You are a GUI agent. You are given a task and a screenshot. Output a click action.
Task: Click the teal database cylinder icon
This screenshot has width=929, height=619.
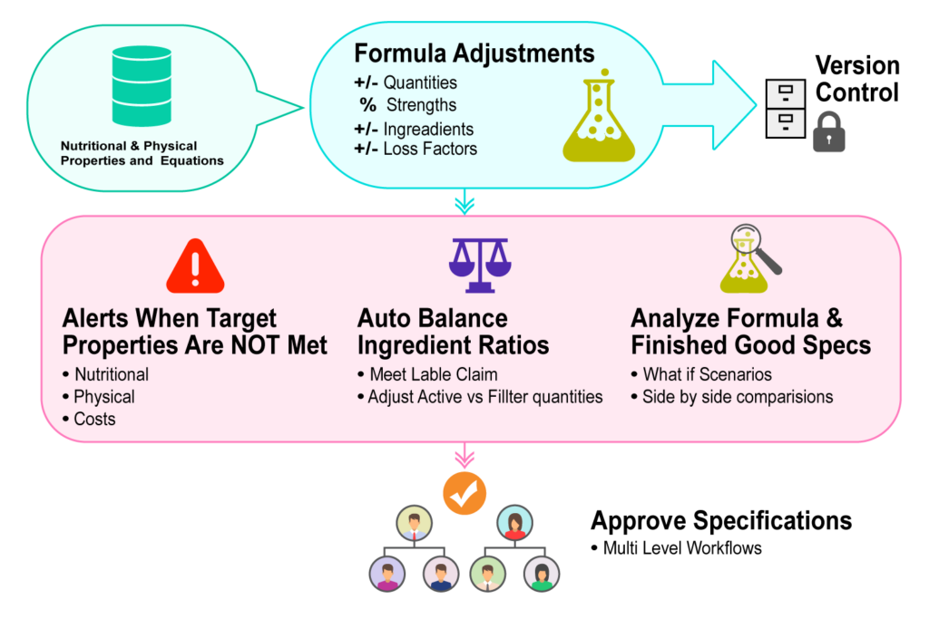(x=142, y=86)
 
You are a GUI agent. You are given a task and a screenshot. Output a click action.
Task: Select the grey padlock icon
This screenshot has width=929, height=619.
(x=828, y=132)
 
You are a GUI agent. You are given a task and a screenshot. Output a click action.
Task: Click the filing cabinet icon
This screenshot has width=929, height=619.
(x=785, y=109)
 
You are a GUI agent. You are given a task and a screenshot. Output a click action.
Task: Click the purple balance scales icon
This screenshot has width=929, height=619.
(x=480, y=264)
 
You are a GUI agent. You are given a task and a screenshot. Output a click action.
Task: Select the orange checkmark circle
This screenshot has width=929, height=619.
(x=464, y=493)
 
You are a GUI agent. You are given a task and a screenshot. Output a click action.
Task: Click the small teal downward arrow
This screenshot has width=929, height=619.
(x=464, y=202)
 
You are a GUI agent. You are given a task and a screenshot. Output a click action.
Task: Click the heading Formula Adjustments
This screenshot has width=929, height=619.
(x=474, y=52)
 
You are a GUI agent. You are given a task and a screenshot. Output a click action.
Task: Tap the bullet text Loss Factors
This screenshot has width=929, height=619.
(x=430, y=149)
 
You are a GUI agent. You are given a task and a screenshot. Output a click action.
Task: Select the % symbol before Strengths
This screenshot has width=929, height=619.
(x=367, y=105)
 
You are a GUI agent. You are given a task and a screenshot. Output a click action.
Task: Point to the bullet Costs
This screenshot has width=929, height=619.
(x=93, y=420)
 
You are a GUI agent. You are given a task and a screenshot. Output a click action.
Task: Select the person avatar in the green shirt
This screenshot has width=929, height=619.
(x=542, y=574)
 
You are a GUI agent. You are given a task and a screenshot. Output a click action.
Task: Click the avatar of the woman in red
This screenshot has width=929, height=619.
(x=514, y=523)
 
